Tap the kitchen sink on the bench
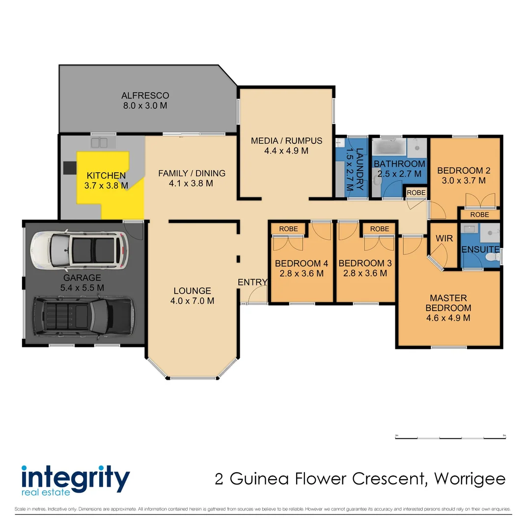pyautogui.click(x=102, y=142)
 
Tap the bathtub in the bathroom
pyautogui.click(x=388, y=146)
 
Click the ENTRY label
pyautogui.click(x=252, y=282)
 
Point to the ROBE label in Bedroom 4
pyautogui.click(x=288, y=229)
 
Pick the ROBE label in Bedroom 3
pyautogui.click(x=379, y=229)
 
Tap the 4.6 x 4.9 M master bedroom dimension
pyautogui.click(x=448, y=318)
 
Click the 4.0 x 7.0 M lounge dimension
pyautogui.click(x=192, y=301)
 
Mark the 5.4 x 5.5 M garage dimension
pyautogui.click(x=83, y=288)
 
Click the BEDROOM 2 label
pyautogui.click(x=464, y=171)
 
